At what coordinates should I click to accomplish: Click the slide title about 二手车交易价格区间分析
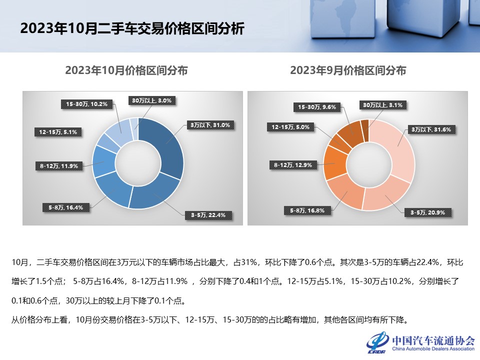pyautogui.click(x=132, y=28)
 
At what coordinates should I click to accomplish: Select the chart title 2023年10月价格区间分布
pyautogui.click(x=126, y=70)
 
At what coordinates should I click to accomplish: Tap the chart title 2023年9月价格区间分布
pyautogui.click(x=348, y=70)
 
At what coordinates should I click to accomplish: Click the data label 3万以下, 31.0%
pyautogui.click(x=209, y=125)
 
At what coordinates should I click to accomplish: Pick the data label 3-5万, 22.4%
pyautogui.click(x=208, y=215)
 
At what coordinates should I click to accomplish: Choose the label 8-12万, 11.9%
pyautogui.click(x=59, y=166)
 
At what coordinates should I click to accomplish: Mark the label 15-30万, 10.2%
pyautogui.click(x=87, y=104)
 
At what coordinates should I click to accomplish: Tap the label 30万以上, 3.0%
pyautogui.click(x=152, y=100)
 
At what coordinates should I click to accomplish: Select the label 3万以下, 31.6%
pyautogui.click(x=431, y=129)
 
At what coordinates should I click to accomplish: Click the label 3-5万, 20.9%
pyautogui.click(x=428, y=213)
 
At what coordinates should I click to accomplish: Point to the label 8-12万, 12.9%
pyautogui.click(x=293, y=164)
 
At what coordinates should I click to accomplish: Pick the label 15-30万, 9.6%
pyautogui.click(x=316, y=106)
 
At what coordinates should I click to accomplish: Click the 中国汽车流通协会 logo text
pyautogui.click(x=433, y=340)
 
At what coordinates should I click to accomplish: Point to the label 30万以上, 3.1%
pyautogui.click(x=382, y=105)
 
